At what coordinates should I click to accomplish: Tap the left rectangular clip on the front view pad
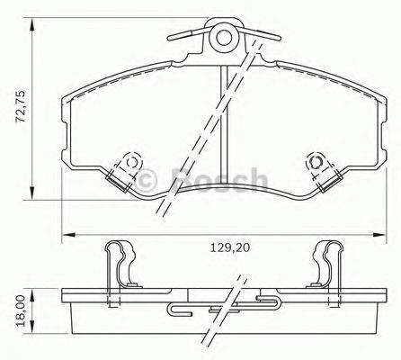120,179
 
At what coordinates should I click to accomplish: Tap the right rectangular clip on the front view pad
328,179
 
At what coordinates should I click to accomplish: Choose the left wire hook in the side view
183,311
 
